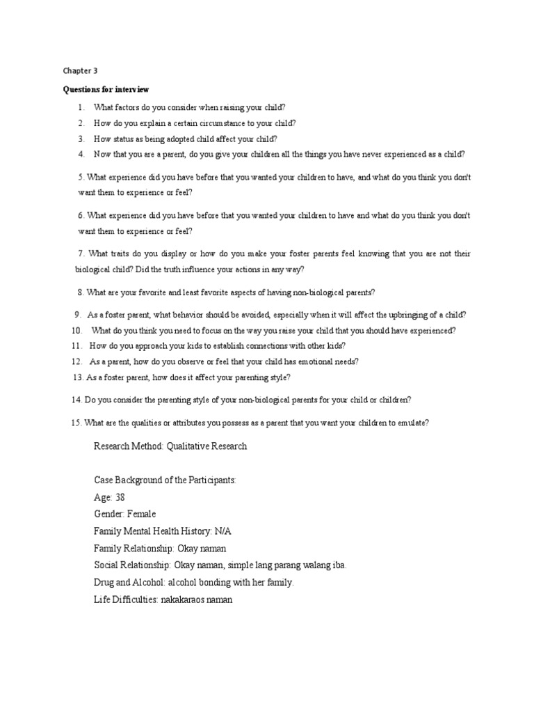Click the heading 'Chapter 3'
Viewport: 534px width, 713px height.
coord(80,70)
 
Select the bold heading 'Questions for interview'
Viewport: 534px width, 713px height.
coord(106,90)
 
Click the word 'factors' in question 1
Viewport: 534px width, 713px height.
coord(129,107)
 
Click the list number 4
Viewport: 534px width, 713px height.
coord(81,154)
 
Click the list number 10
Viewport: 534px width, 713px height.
coord(76,330)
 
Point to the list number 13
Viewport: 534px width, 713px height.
coord(78,377)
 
